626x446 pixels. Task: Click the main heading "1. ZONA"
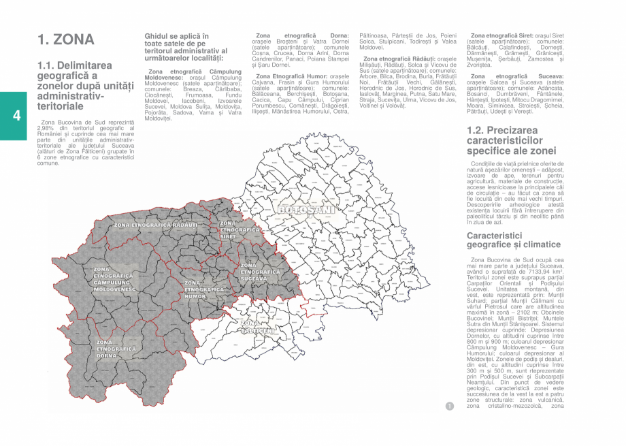(x=65, y=39)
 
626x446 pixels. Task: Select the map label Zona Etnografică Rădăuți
(x=156, y=224)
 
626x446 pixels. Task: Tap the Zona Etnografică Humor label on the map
(x=204, y=289)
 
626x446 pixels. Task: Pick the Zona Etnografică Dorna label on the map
(x=116, y=349)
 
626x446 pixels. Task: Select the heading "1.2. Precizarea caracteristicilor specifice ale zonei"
(x=511, y=140)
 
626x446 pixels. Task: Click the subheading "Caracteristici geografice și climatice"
(x=514, y=240)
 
